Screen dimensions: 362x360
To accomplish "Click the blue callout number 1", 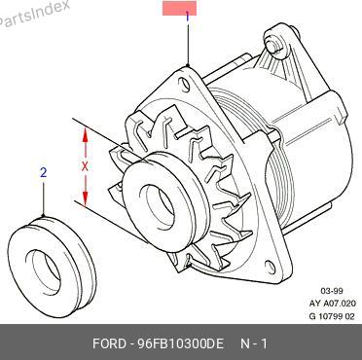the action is coord(187,17).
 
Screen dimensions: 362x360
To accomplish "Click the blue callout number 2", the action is coord(44,172).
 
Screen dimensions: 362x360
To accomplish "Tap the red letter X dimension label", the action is coord(85,166).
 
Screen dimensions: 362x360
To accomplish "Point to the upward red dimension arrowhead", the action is coord(85,134).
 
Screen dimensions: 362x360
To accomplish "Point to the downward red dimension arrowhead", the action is coord(85,198).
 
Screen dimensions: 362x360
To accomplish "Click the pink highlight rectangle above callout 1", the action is coord(179,8).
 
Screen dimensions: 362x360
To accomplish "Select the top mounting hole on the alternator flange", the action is coord(185,84).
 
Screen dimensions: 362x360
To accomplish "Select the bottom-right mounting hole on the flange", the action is coord(271,267).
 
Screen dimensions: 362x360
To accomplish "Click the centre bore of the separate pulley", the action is coord(46,270).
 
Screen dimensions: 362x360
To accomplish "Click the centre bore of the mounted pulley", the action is coord(161,206).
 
